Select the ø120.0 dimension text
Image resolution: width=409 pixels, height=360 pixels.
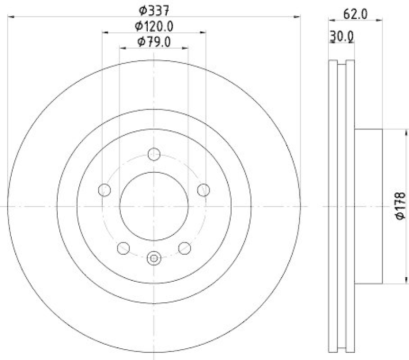point(154,26)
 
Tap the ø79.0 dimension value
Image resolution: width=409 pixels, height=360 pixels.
point(154,42)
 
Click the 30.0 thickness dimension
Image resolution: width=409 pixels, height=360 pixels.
point(342,36)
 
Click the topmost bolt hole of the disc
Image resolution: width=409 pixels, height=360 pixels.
point(154,154)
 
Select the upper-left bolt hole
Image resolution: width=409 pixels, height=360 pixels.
point(104,190)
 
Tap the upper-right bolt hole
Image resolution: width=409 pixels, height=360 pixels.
point(203,190)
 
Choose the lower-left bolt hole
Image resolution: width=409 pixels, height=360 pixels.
point(123,248)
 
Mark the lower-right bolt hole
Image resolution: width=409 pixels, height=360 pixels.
point(185,248)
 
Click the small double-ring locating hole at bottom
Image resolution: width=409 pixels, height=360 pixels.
point(154,258)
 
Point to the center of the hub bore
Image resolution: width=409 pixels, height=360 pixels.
point(154,206)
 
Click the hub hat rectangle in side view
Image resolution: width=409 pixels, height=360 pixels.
point(368,206)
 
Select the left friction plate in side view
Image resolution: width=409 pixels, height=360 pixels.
point(332,206)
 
